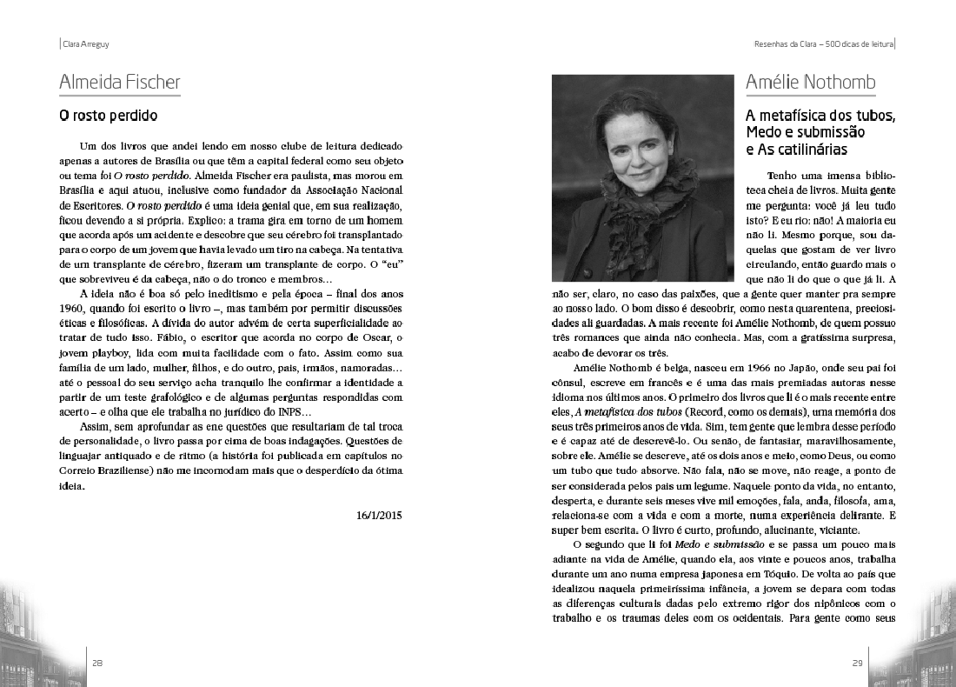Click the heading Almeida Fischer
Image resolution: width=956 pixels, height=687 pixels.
pos(120,83)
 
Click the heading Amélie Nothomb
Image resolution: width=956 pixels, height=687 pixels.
pos(810,83)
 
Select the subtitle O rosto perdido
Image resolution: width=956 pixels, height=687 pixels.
pos(108,115)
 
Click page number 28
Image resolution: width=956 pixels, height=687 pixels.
pos(98,663)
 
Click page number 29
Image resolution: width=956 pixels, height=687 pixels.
pos(857,663)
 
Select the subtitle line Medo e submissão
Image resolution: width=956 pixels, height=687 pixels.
pos(805,132)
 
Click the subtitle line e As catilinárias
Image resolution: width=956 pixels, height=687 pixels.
pos(796,149)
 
